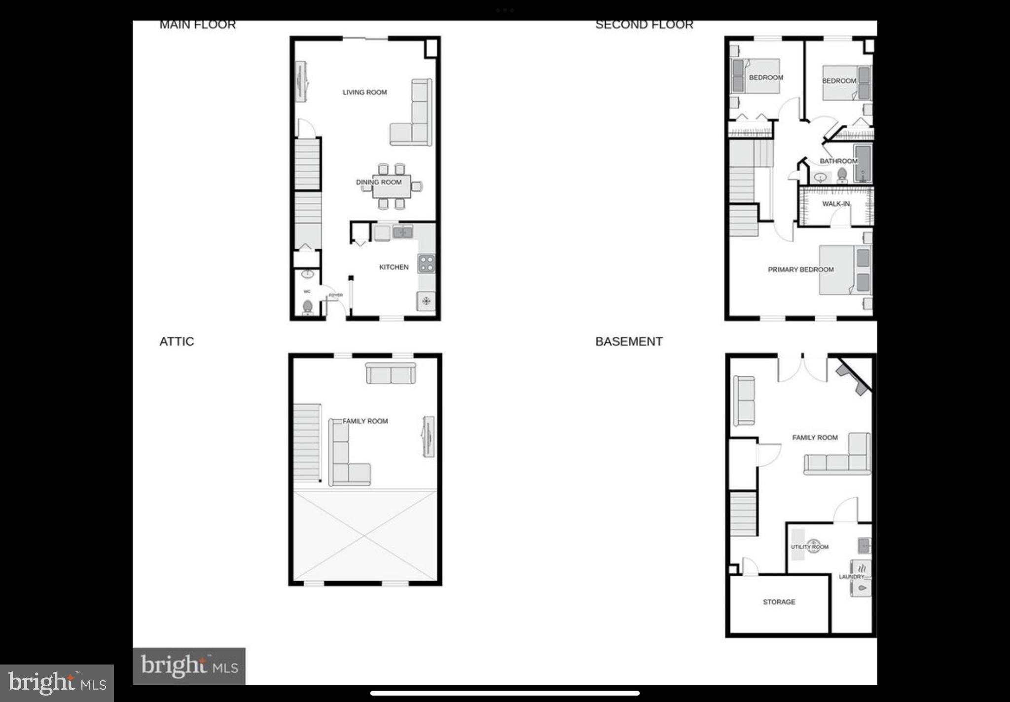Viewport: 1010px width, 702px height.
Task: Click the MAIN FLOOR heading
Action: tap(197, 25)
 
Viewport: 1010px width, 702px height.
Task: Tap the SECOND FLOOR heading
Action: tap(644, 25)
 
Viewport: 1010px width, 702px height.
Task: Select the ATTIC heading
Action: tap(177, 341)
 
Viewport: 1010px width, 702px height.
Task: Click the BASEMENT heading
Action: tap(629, 341)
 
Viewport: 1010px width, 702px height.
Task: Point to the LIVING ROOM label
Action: tap(364, 92)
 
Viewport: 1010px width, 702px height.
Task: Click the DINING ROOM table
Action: tap(392, 186)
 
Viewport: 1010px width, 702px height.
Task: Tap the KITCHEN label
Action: tap(394, 267)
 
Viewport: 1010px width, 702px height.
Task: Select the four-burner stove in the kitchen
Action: tap(426, 263)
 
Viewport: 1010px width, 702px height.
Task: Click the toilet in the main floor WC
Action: tap(307, 307)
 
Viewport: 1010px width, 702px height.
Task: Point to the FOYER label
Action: tap(335, 295)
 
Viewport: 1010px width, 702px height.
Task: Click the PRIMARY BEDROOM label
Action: tap(800, 269)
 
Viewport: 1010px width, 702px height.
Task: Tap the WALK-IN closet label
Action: tap(835, 204)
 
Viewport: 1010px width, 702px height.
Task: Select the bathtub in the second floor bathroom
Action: tap(863, 163)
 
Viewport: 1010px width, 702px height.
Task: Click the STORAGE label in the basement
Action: tap(779, 602)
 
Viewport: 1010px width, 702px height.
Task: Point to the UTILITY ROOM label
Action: tap(809, 547)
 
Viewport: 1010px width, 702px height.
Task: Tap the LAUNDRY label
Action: tap(851, 576)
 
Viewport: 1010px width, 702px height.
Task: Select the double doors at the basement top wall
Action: tap(803, 368)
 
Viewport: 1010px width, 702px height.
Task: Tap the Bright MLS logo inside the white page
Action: tap(189, 666)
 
